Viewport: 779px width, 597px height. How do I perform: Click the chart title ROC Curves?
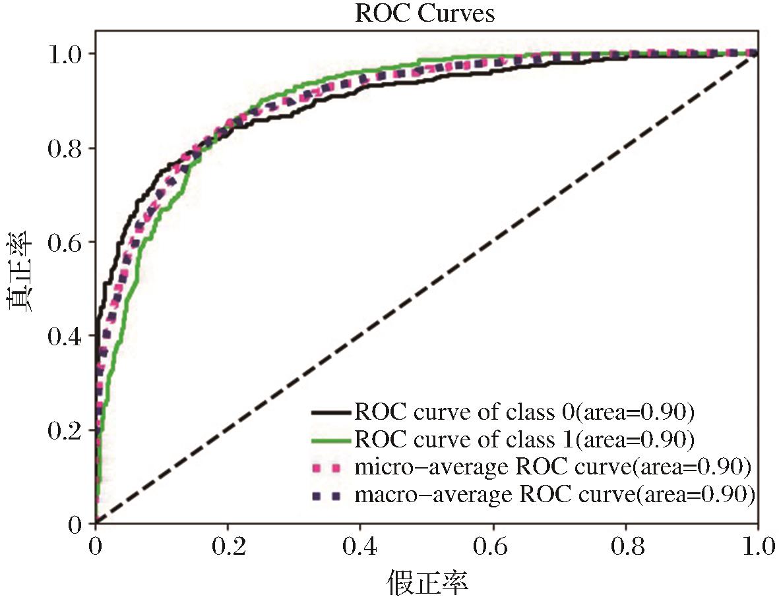click(425, 14)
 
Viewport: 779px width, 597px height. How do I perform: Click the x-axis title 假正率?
click(427, 582)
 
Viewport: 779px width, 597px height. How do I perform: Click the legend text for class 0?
click(525, 412)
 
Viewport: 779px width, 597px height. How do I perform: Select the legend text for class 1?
click(525, 440)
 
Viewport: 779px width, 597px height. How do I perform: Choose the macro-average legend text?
click(554, 494)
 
